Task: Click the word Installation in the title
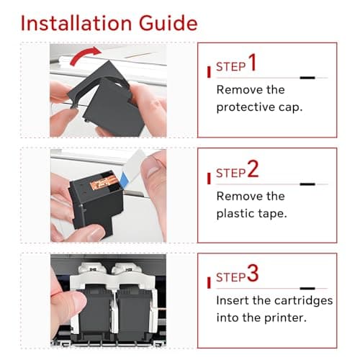point(76,23)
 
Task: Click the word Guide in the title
point(168,23)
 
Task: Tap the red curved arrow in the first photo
point(84,55)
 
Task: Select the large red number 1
point(252,62)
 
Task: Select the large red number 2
point(253,168)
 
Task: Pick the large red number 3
point(253,273)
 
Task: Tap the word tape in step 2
point(268,214)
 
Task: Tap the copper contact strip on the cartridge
point(104,181)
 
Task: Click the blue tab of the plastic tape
point(125,179)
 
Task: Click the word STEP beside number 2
point(231,174)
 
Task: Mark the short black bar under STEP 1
point(307,78)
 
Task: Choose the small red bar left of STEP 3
point(209,283)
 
